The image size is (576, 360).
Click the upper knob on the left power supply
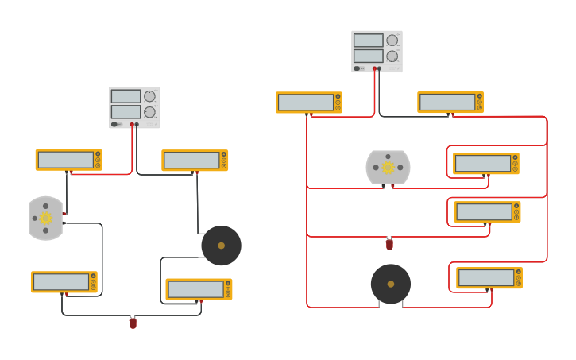pos(149,96)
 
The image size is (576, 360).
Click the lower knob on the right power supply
pos(392,56)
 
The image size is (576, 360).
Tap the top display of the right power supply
pos(368,41)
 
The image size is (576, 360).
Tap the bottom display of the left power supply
pos(126,111)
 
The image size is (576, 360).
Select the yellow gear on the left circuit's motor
pos(45,218)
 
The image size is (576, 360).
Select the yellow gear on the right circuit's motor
pos(388,167)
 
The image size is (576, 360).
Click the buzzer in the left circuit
pos(221,246)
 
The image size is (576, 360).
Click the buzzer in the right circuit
pos(390,284)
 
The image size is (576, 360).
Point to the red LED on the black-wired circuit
pos(133,323)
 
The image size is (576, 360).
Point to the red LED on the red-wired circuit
pos(389,244)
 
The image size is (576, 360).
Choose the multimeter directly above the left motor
pos(68,160)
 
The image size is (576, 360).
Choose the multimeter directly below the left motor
pos(64,282)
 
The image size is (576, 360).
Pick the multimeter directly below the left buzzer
pos(199,289)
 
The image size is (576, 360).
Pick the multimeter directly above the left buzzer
pos(195,161)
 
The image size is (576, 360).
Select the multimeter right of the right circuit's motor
pos(485,164)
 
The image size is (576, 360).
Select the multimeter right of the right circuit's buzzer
pos(489,278)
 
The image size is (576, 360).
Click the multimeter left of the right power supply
pos(308,103)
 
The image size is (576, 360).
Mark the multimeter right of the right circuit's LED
pos(486,212)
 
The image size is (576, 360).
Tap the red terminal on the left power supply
pos(132,125)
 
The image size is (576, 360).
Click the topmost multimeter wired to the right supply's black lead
pos(450,103)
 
